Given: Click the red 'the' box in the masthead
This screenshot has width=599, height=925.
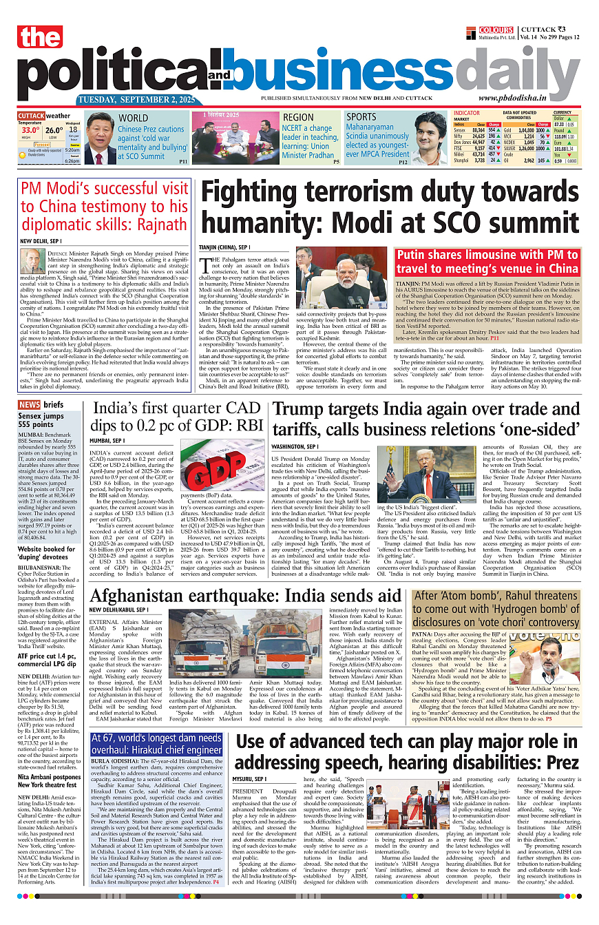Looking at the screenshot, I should [40, 38].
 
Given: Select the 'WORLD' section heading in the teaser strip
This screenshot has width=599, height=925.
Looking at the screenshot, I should [133, 118].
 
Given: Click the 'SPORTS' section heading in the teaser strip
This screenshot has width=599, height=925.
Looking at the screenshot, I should [361, 117].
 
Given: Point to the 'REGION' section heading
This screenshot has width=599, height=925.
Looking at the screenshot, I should [298, 118].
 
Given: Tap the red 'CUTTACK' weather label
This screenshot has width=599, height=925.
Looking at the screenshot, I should [31, 116].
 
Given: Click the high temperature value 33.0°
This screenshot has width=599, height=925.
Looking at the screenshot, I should [30, 129].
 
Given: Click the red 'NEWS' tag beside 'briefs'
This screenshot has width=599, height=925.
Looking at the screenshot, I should [29, 404].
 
